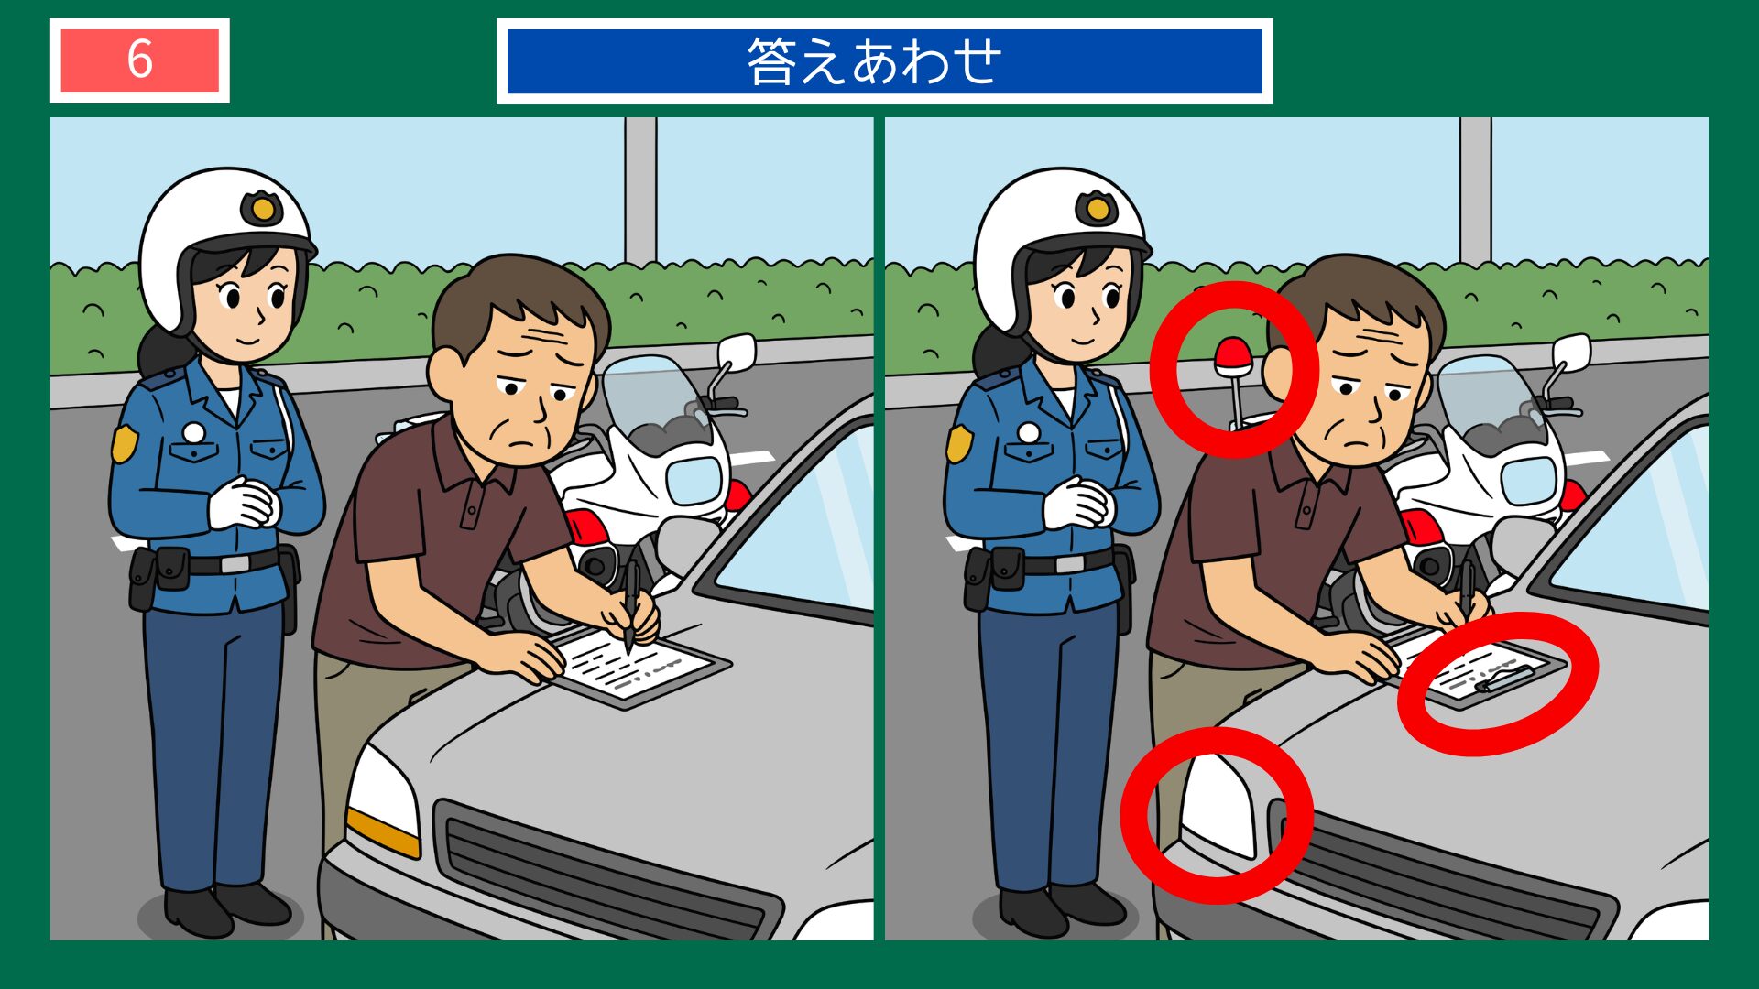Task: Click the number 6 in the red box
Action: click(x=139, y=60)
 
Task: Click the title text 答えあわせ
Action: click(x=875, y=61)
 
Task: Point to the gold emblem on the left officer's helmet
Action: click(x=262, y=209)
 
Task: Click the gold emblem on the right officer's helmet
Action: click(x=1097, y=209)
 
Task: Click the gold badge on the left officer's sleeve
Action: click(x=124, y=443)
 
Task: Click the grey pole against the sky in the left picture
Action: click(x=640, y=188)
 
